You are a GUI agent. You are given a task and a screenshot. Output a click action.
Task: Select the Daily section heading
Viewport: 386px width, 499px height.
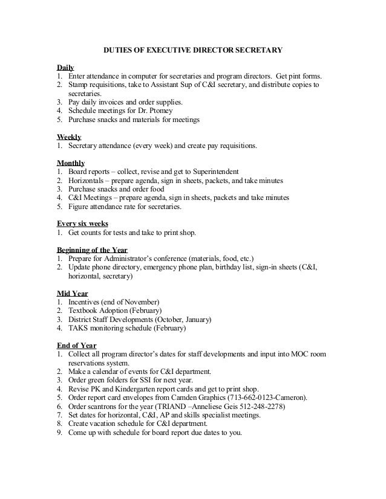coord(65,67)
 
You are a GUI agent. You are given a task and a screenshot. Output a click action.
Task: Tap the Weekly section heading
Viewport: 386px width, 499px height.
coord(69,137)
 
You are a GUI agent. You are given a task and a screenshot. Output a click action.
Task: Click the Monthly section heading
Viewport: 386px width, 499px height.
coord(71,163)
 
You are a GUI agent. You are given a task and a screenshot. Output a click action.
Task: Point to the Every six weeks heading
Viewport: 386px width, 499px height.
coord(82,224)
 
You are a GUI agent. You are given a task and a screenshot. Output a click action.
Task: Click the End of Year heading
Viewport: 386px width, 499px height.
coord(77,346)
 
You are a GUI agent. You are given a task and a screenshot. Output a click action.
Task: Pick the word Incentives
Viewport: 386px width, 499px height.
coord(87,301)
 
